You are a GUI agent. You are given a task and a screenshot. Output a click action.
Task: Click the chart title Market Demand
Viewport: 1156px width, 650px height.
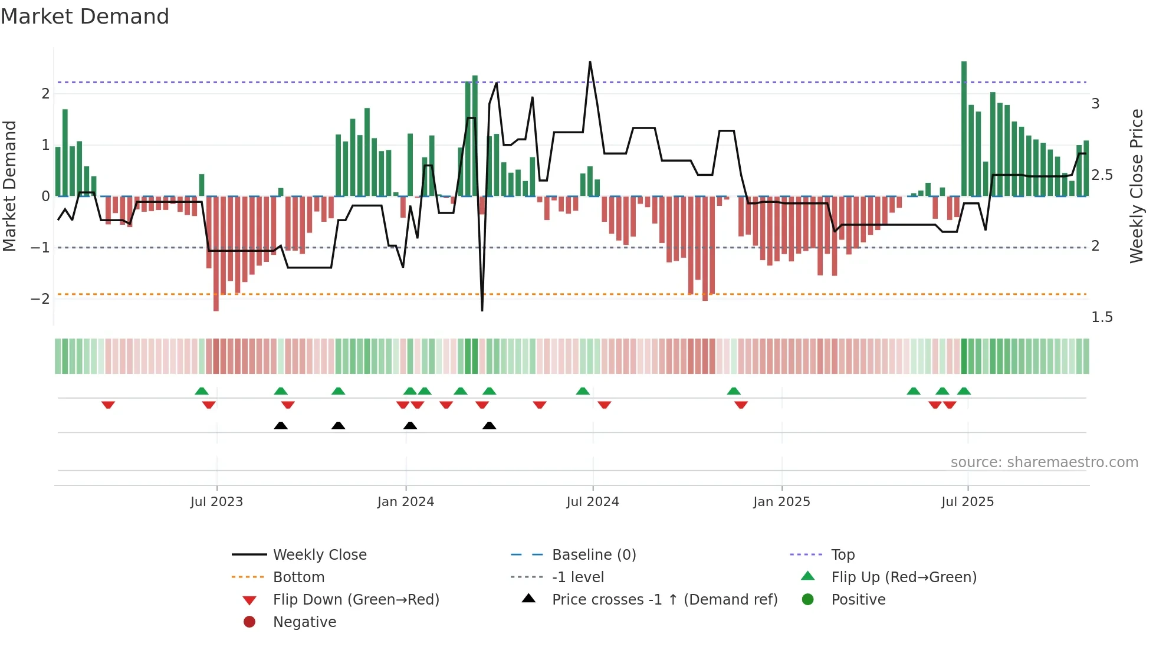click(85, 17)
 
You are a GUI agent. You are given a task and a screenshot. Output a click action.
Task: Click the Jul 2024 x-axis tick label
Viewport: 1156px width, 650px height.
click(592, 502)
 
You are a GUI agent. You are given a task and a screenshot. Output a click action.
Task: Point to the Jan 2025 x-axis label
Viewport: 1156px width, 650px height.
click(781, 502)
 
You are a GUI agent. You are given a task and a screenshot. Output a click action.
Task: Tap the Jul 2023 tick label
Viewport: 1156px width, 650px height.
click(216, 502)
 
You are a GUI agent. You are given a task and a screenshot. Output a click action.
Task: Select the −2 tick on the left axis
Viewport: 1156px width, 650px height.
click(40, 299)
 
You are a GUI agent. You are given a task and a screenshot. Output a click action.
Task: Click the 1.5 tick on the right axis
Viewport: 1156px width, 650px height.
click(1101, 317)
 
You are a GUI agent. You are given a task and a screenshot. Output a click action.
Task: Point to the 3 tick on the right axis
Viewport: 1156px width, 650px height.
click(1095, 104)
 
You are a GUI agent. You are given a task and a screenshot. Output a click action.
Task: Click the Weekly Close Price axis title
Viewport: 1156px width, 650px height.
click(1137, 186)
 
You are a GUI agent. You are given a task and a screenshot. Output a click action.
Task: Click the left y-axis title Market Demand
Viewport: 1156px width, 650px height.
click(10, 186)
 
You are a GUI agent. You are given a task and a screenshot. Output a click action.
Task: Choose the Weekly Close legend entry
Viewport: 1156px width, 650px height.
click(319, 555)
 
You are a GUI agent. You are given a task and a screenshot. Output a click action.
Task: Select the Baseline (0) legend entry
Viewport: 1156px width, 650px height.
click(593, 555)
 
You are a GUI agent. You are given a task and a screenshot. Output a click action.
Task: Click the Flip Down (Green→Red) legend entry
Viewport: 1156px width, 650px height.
click(356, 600)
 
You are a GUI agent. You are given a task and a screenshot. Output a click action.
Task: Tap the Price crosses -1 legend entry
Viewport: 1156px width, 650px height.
click(664, 600)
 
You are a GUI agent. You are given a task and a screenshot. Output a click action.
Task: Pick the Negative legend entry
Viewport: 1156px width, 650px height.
click(304, 622)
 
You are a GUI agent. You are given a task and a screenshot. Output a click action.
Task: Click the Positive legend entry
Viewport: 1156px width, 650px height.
click(858, 600)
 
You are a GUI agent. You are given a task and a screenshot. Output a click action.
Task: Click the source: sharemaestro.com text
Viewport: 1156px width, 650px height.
click(1044, 462)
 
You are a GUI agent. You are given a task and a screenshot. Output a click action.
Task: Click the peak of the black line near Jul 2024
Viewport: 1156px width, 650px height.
click(590, 62)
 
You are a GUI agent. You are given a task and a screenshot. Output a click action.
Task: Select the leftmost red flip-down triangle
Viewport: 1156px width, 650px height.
click(108, 405)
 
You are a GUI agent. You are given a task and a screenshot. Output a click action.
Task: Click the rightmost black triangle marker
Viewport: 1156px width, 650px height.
click(489, 425)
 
